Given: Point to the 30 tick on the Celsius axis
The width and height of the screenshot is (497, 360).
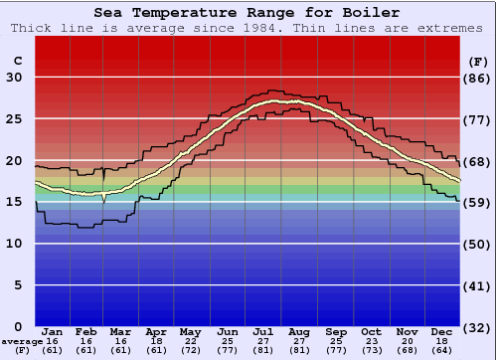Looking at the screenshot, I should tap(14, 78).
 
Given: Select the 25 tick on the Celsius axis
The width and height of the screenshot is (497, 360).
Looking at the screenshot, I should tap(14, 119).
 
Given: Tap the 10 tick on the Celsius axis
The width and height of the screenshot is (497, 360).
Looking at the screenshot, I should tap(14, 244).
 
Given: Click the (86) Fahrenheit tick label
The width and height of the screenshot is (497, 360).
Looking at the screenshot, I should tap(478, 78).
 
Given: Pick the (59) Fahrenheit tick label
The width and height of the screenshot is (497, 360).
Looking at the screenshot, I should tap(478, 203).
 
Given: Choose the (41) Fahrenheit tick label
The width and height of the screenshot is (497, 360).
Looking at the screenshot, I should tap(478, 285).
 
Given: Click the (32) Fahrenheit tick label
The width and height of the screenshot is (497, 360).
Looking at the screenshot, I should tap(478, 327).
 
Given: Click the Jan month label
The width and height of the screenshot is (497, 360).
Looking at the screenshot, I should tap(53, 331).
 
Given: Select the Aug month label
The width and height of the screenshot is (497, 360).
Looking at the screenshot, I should tap(299, 331).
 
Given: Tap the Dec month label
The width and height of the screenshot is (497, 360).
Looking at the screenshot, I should tap(441, 331).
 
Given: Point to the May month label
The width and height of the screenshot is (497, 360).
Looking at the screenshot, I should tap(190, 331).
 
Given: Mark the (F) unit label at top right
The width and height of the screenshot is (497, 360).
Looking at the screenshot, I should tap(477, 61).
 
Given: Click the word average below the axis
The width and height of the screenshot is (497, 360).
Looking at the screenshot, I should tap(22, 341).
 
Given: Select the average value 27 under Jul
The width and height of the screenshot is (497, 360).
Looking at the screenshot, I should tap(263, 341).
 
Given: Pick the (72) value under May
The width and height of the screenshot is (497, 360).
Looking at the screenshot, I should tap(190, 351).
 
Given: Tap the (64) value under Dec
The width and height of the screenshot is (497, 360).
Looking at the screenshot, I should tap(441, 351).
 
